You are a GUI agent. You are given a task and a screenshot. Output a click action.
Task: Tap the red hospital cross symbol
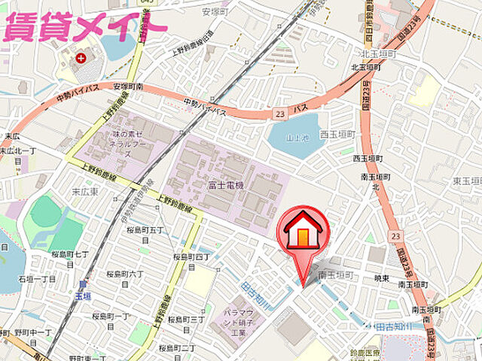[x=93, y=56]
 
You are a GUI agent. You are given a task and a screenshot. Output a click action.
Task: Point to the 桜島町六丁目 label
[x=125, y=278]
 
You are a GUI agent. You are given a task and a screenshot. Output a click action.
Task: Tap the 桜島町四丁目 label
[x=193, y=261]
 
